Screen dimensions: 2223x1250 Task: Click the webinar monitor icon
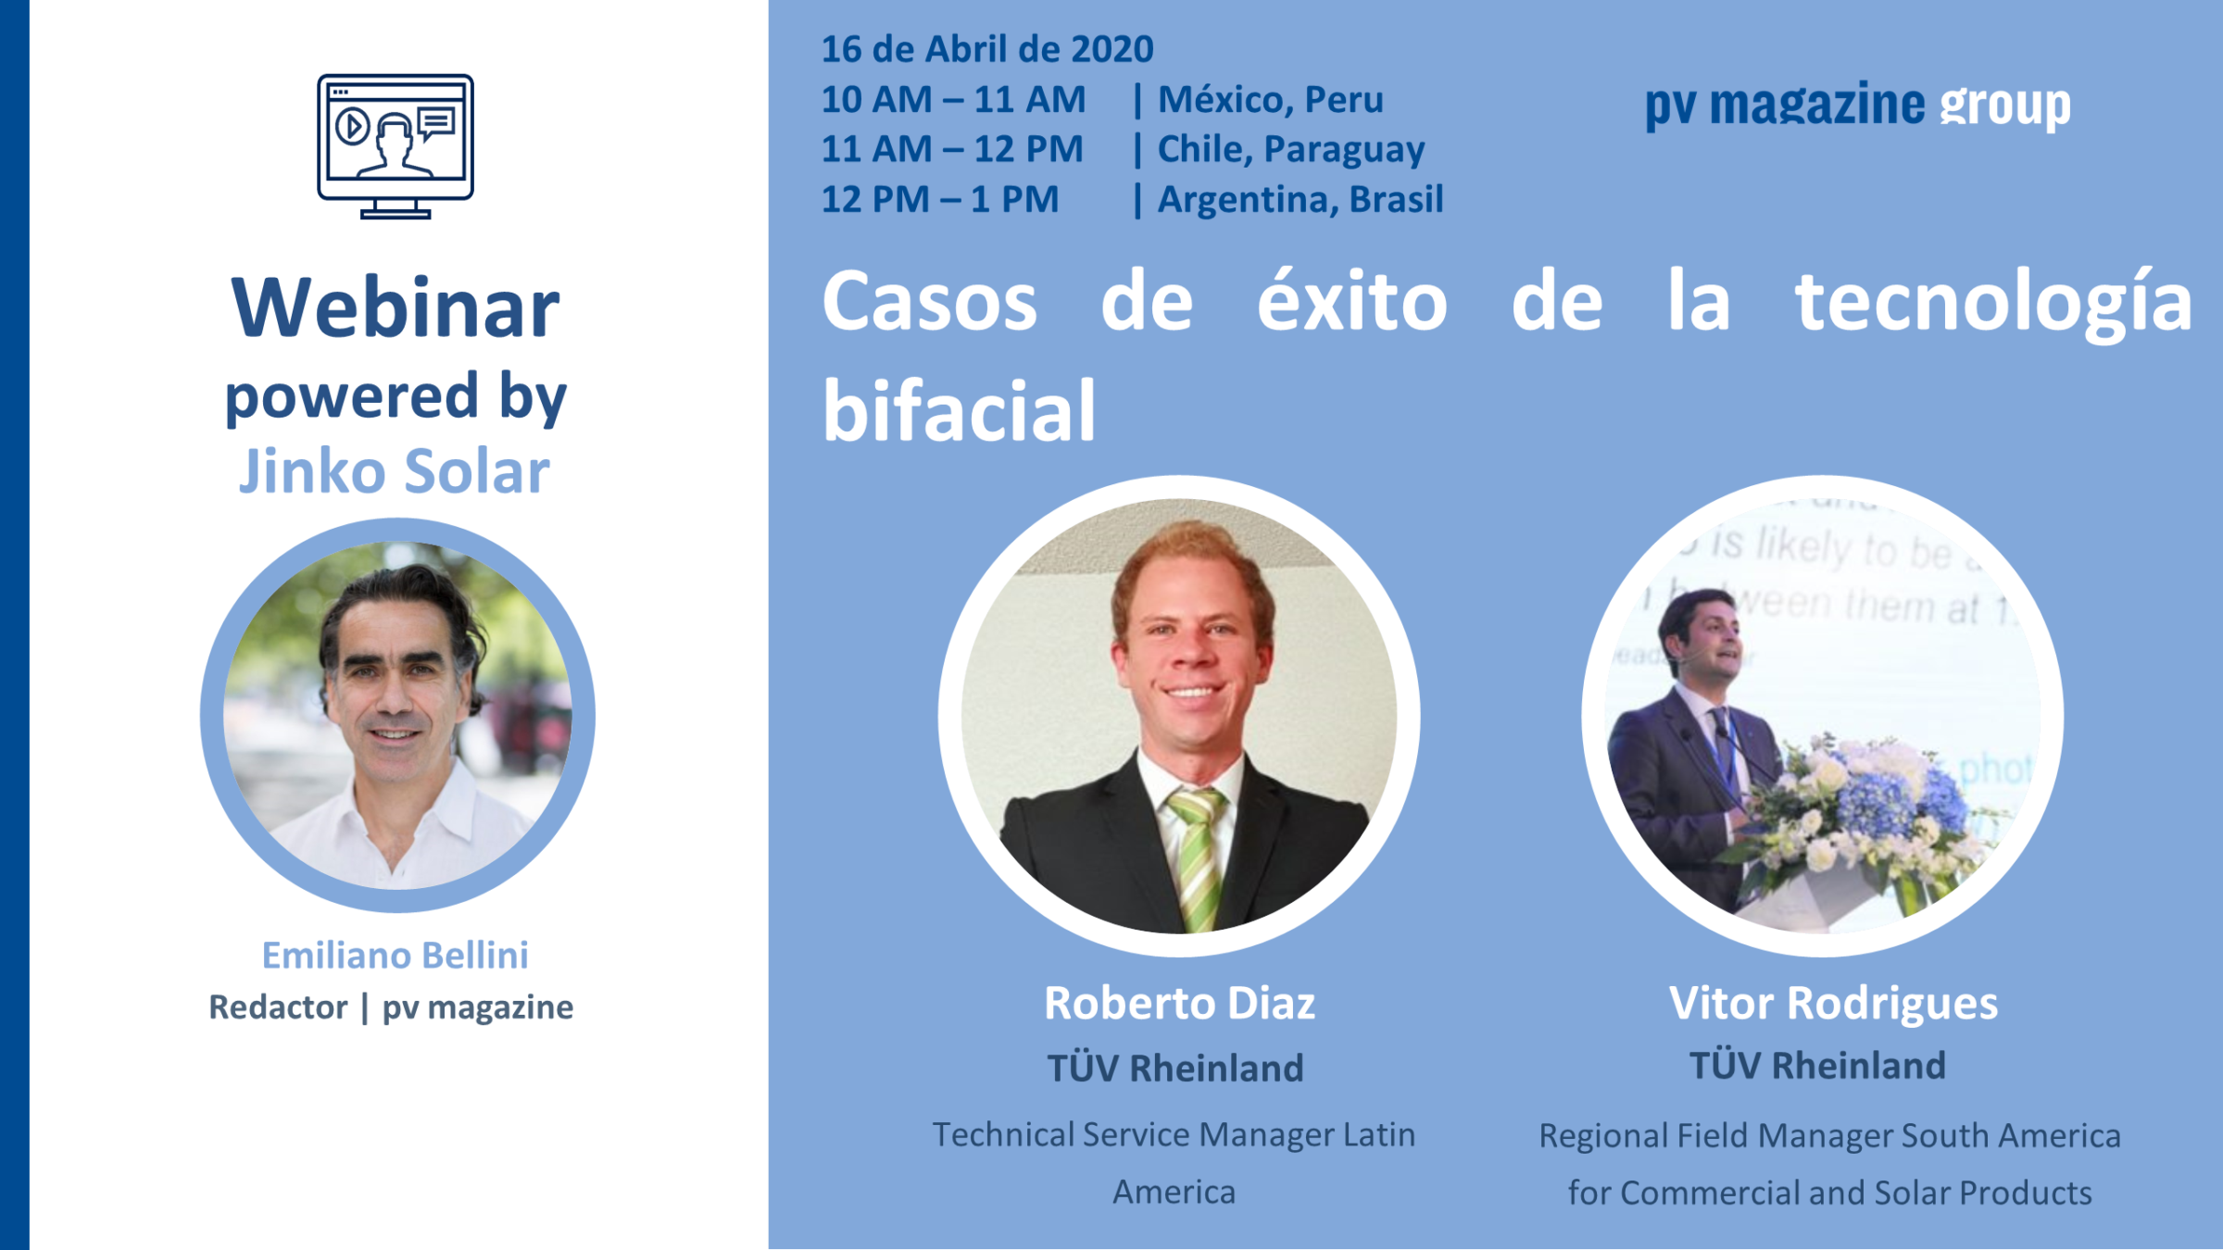(396, 146)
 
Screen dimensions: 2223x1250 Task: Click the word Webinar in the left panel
(396, 307)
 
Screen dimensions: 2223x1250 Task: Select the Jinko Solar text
(395, 471)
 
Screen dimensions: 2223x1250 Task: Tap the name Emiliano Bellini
(396, 955)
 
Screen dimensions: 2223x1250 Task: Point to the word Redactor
(278, 1006)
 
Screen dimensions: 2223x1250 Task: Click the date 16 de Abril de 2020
(987, 49)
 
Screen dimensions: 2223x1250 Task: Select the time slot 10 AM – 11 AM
(953, 99)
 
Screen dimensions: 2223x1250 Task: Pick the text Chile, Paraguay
(1291, 150)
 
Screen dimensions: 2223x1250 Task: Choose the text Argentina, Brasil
(1300, 199)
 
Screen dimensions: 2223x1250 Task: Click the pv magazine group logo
(1857, 106)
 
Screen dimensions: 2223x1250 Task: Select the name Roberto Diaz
(1179, 1003)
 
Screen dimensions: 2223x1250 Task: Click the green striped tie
(1197, 857)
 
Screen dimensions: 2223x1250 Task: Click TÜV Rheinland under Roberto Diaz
(1175, 1068)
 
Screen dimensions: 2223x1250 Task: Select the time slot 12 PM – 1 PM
(940, 199)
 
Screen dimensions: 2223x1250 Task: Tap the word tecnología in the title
(1994, 302)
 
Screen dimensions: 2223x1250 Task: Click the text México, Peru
(1271, 100)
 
